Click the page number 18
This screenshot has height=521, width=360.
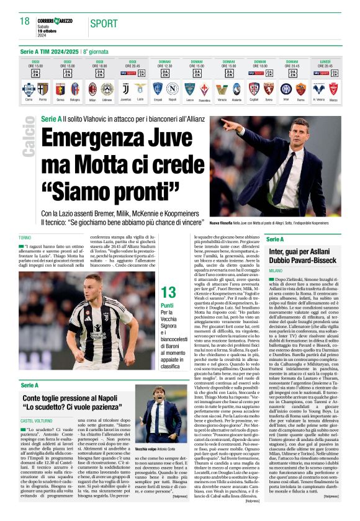pos(24,22)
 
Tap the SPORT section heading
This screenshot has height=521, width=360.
pos(104,24)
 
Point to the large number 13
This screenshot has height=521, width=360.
pos(168,292)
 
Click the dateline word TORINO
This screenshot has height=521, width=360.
pos(25,238)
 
